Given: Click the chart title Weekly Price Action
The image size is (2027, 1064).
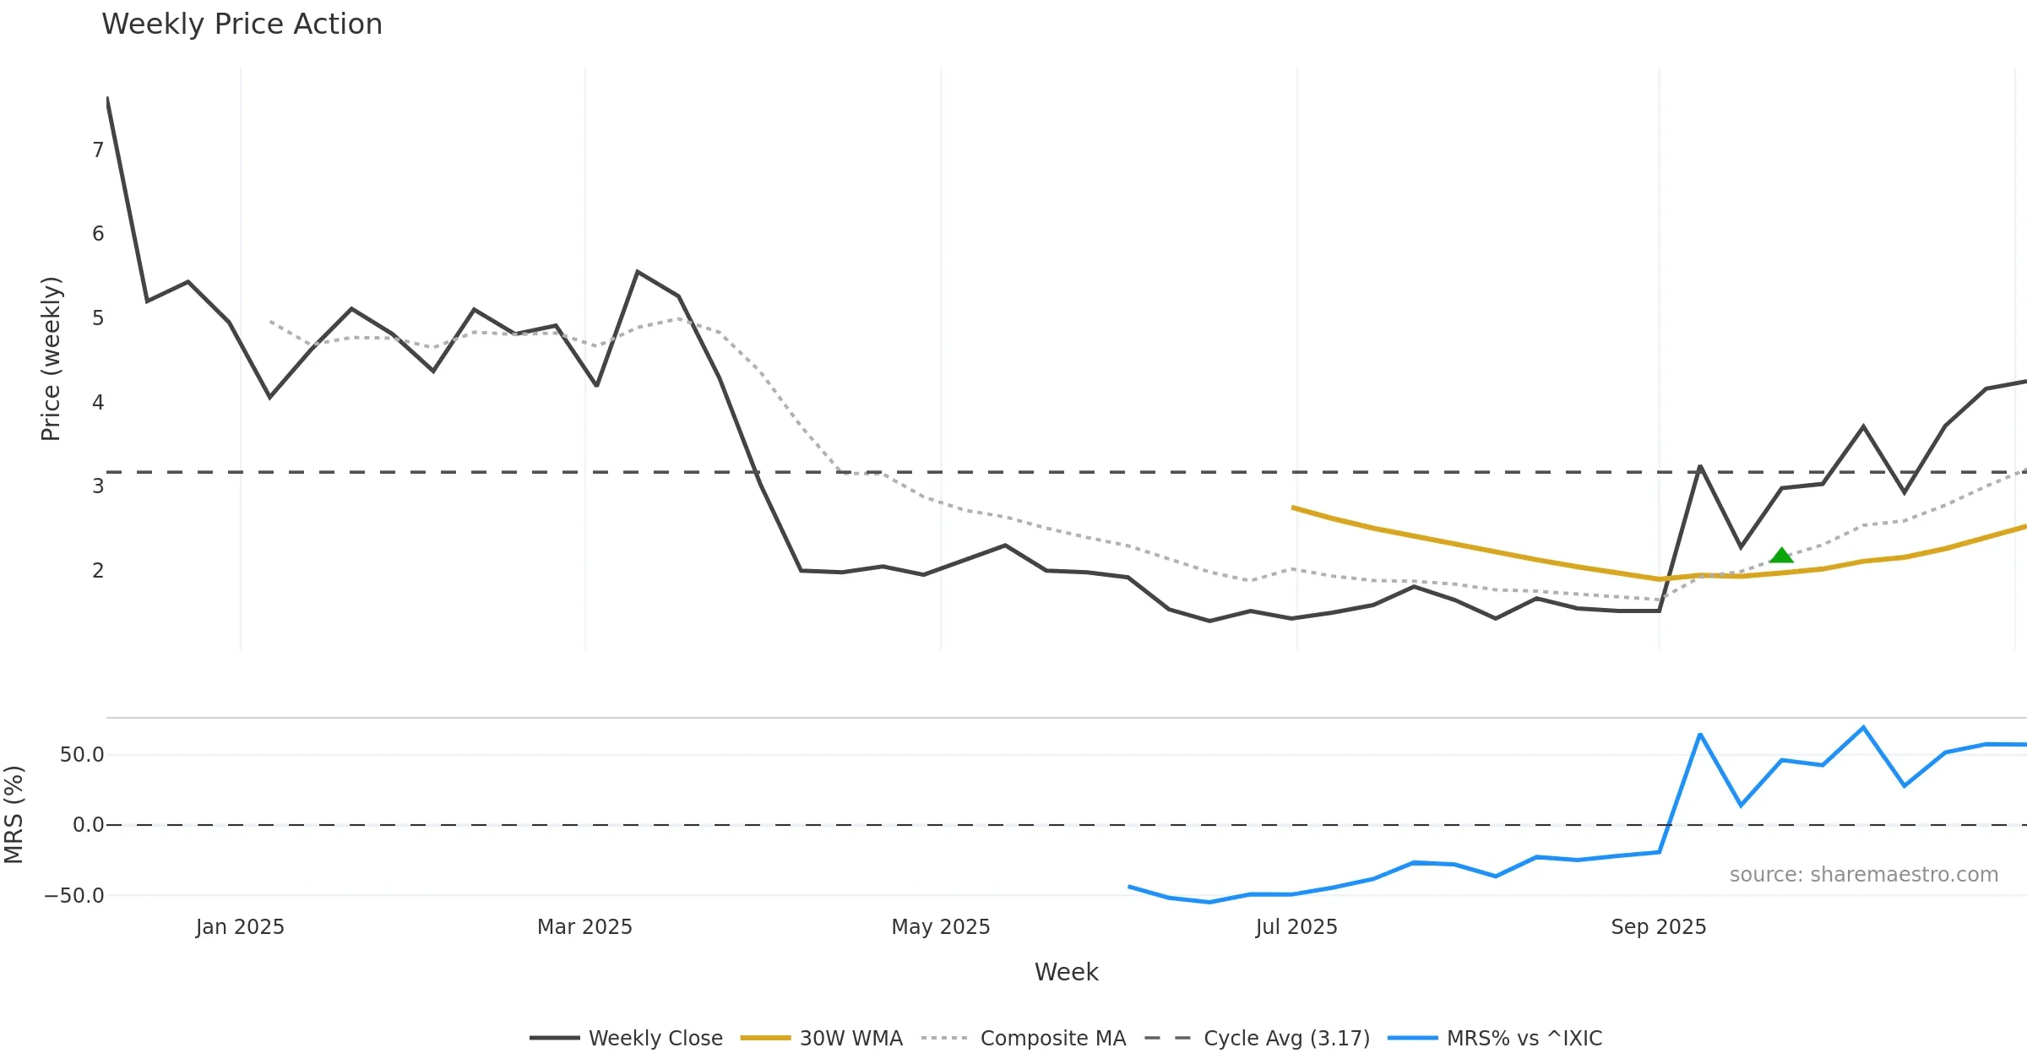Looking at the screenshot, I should coord(242,24).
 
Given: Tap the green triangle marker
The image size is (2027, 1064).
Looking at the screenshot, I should coord(1781,556).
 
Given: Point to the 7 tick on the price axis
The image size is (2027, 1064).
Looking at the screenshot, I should coord(98,150).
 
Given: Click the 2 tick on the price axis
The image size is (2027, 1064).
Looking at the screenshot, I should coord(98,571).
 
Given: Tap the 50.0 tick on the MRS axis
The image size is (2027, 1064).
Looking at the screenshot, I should coord(82,755).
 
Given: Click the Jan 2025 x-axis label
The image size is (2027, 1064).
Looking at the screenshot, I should coord(240,927).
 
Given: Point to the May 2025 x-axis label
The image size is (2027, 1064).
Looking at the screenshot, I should coord(941,927).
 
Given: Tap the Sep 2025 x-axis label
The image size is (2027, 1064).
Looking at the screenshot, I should coord(1658,927).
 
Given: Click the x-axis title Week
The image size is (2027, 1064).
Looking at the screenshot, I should coord(1066,972).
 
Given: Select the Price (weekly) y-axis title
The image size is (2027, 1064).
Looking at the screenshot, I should coord(51,359).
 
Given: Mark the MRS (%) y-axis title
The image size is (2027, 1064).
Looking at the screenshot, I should coord(14,815).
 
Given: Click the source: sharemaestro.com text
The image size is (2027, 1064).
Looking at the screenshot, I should coord(1863,875).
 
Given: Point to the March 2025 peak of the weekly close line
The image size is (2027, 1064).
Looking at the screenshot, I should coord(638,272).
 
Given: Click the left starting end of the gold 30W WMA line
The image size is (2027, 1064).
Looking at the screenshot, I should coord(1293,508).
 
